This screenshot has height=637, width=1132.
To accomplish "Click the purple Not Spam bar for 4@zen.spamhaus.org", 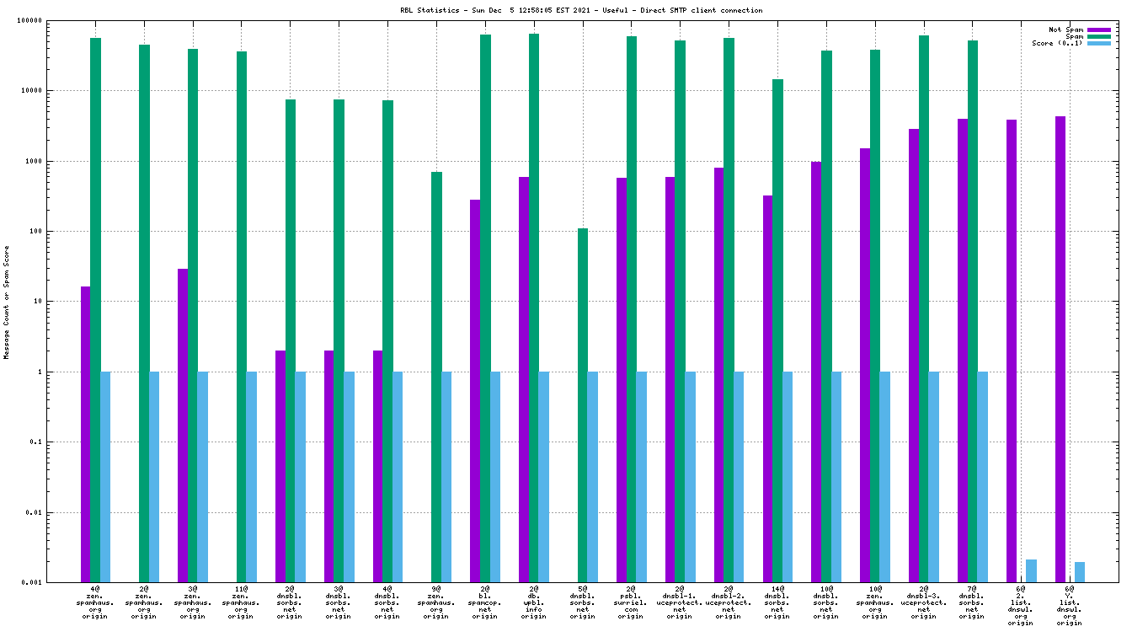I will point(85,434).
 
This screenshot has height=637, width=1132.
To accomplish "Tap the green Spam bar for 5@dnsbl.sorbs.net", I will point(583,404).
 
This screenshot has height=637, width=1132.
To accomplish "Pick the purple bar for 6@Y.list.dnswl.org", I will point(1060,349).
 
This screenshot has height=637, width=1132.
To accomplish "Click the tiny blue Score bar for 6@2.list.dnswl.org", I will point(1031,570).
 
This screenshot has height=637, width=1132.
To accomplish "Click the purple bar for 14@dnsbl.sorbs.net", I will point(768,388).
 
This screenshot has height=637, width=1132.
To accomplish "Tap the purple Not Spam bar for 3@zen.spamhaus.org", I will point(183,426).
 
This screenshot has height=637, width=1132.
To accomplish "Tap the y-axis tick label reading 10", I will point(61,302).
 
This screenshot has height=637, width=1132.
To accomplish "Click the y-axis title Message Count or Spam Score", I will point(7,302).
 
